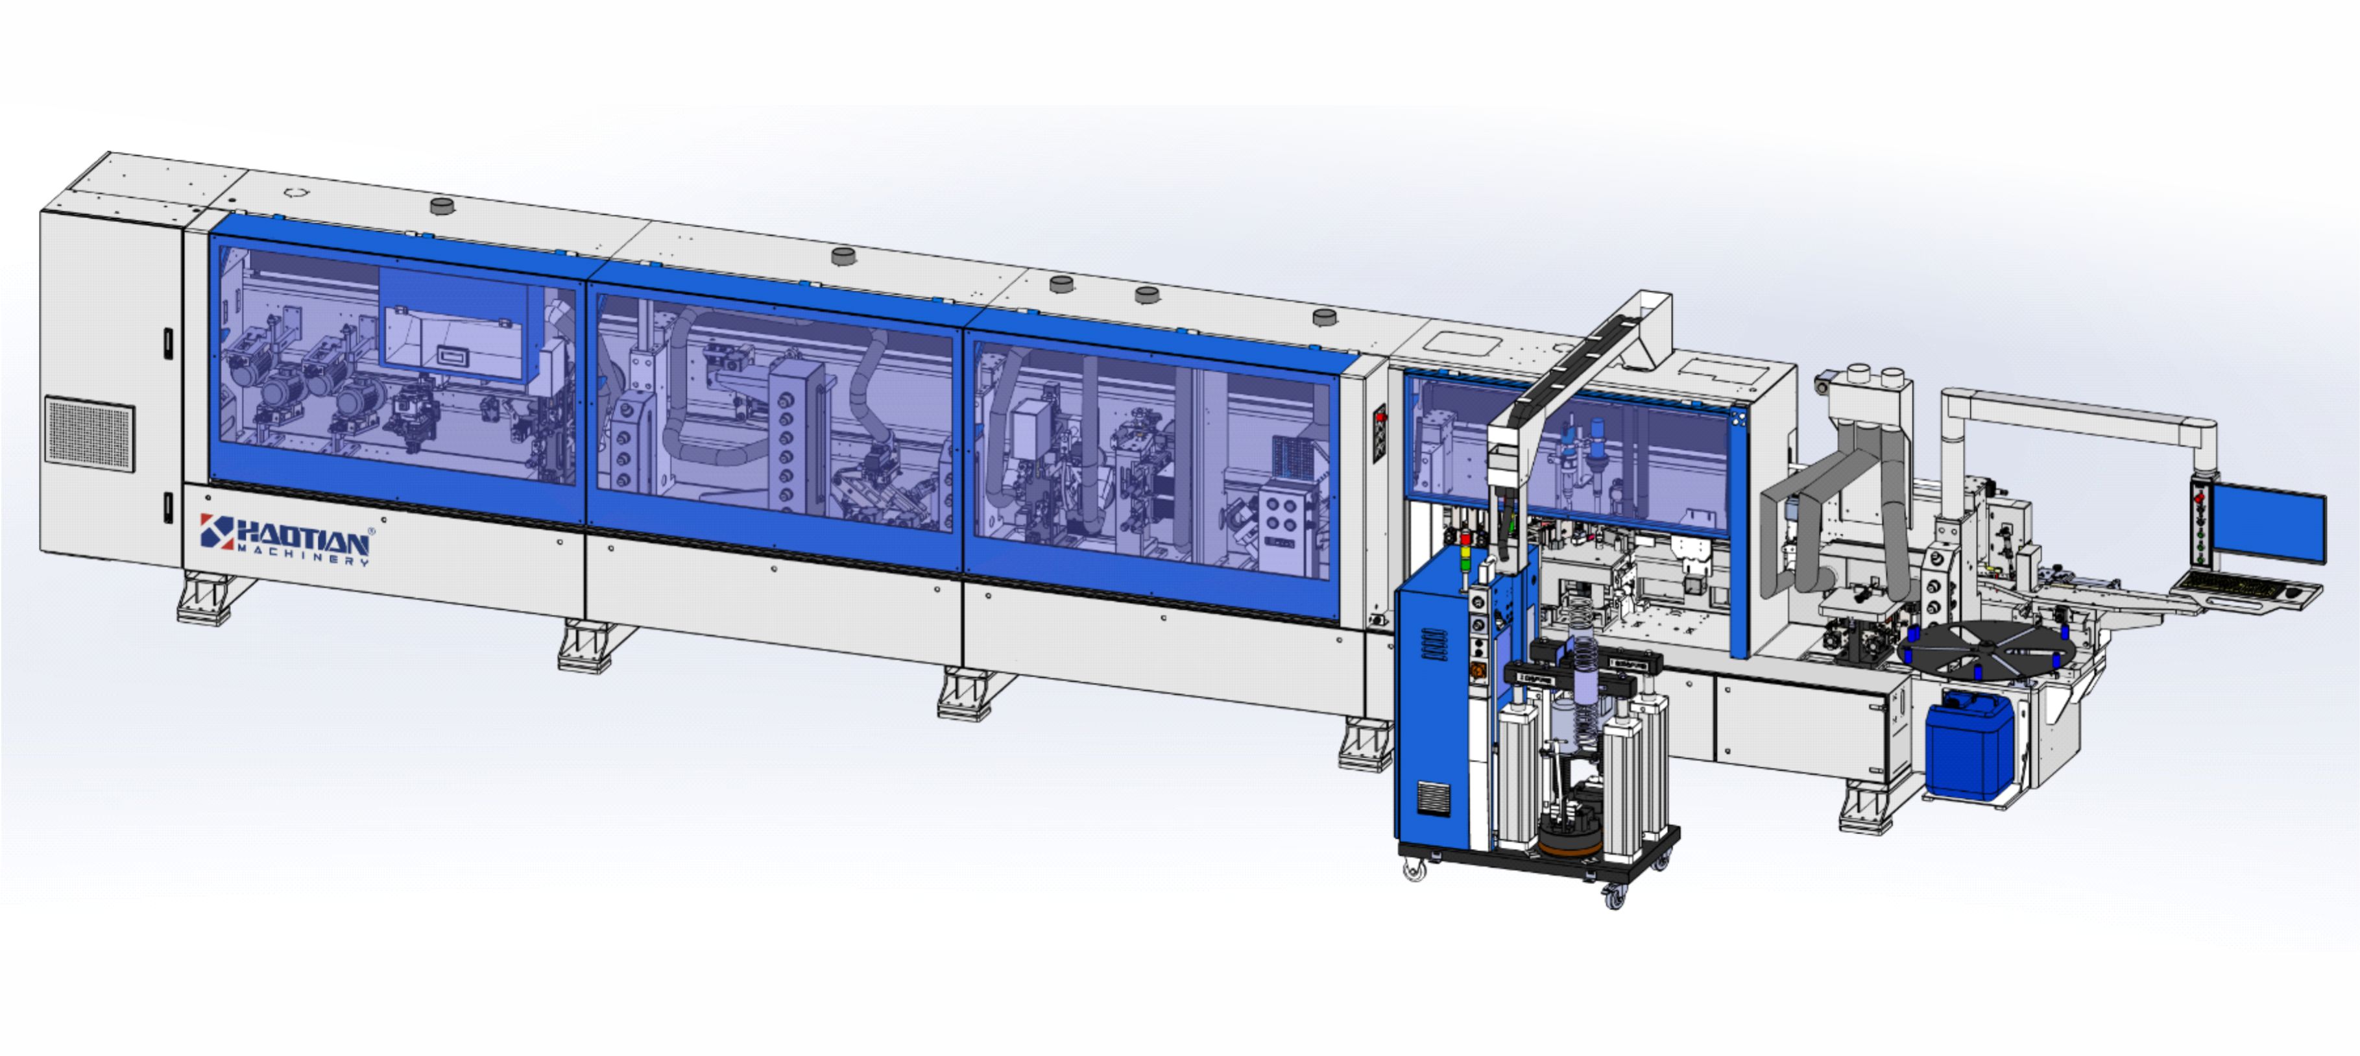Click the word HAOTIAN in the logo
tap(302, 536)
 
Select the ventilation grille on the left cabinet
tap(89, 434)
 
